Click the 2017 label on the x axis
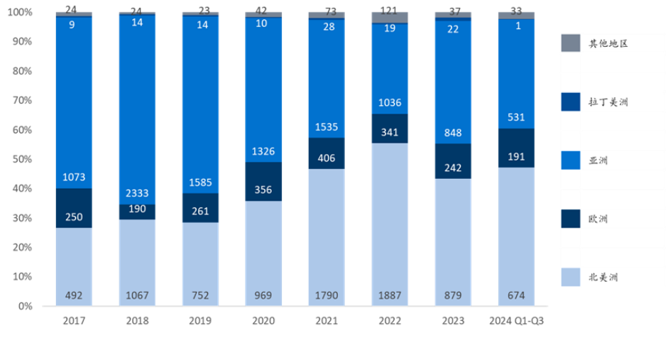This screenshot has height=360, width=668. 73,321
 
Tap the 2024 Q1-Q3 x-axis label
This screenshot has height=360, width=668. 516,321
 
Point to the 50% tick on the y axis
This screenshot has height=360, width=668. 23,159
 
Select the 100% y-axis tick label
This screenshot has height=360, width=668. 21,13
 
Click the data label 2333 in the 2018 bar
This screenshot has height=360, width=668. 137,192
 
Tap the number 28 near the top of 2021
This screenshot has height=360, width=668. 327,27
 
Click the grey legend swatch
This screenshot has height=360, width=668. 571,43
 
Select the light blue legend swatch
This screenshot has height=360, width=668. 571,277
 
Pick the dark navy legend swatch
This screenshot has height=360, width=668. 571,218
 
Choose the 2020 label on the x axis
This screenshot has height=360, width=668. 263,321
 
